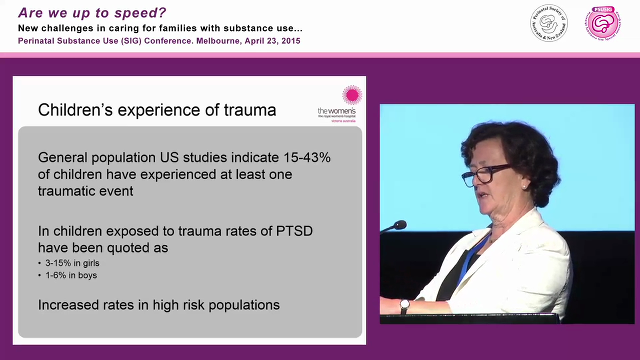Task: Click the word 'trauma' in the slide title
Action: click(248, 110)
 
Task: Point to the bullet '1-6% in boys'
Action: click(71, 275)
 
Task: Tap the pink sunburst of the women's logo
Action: click(352, 95)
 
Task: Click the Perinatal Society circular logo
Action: click(549, 23)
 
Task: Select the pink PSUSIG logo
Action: click(604, 23)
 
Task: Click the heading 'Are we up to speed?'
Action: click(92, 13)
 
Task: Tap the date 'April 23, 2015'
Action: click(272, 41)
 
